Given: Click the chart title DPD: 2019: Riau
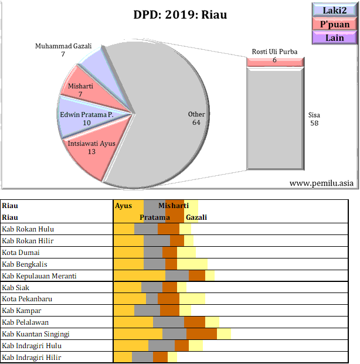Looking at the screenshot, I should pos(180,15).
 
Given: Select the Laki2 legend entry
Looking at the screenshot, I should pos(334,10).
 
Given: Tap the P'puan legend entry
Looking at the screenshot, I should pos(334,24).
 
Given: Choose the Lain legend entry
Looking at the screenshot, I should pos(334,38).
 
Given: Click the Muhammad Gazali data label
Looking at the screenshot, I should pos(63,50).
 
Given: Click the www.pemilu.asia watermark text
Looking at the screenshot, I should pos(322,183).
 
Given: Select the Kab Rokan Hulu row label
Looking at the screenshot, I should pos(28,229).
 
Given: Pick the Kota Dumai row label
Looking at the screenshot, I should pos(21,253).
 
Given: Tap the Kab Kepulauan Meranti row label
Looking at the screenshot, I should pos(39,275).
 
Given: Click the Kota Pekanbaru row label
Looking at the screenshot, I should pos(26,299).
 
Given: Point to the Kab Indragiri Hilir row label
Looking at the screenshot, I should pos(32,357).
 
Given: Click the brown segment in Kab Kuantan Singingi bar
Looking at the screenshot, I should pos(202,334).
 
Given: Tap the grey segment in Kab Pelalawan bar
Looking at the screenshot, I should pos(168,322).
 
